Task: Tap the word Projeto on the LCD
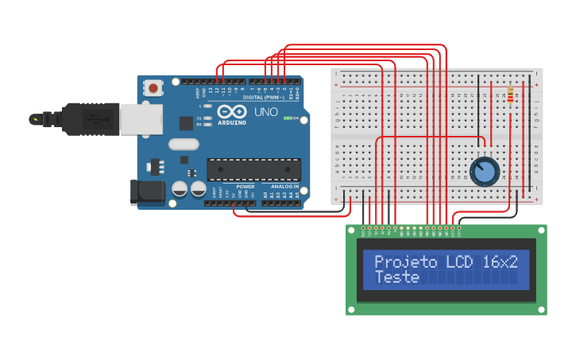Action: tap(405, 262)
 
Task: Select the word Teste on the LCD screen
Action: tap(396, 277)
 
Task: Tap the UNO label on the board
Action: tap(266, 112)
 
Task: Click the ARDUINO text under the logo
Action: tap(231, 123)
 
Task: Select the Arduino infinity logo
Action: tap(231, 112)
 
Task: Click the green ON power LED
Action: tap(287, 118)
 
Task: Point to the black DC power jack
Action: tap(148, 192)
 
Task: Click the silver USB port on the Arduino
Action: tap(141, 119)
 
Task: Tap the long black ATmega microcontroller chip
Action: tap(253, 169)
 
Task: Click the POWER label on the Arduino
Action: tap(245, 186)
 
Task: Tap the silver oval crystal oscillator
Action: tap(183, 145)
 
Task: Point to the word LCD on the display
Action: tap(459, 262)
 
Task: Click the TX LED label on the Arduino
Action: tap(199, 118)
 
